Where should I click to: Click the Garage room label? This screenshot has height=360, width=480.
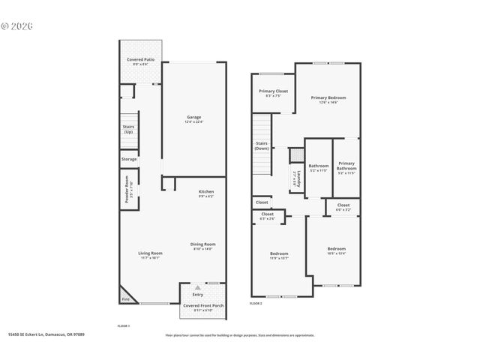[194, 117]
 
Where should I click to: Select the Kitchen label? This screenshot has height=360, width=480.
[206, 192]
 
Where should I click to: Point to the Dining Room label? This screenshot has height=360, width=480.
[203, 244]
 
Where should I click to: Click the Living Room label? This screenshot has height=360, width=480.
[150, 253]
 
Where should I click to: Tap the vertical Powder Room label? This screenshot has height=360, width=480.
[127, 189]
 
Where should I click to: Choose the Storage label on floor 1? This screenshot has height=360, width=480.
[129, 159]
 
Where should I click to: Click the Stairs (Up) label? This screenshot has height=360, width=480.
[128, 129]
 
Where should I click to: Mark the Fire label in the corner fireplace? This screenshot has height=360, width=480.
[125, 300]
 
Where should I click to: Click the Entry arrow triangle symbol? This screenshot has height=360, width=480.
[197, 287]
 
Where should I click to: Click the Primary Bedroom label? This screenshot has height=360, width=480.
[328, 97]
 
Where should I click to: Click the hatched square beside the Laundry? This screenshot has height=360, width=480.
[295, 154]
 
